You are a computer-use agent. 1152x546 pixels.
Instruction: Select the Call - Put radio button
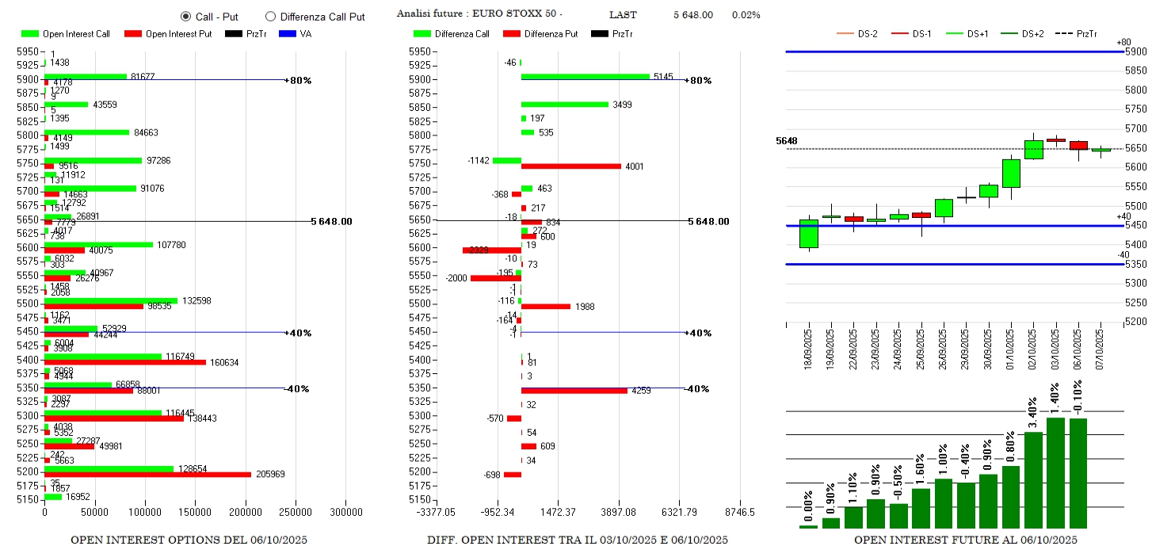pos(186,17)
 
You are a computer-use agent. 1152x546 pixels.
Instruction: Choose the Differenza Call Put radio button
pos(270,17)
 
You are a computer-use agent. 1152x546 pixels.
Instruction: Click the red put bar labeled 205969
pos(147,475)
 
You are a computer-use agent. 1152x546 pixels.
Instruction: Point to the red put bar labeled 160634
pos(125,362)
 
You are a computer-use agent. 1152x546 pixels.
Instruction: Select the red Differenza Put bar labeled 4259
pos(574,391)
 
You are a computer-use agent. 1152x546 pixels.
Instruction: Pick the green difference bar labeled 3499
pos(564,105)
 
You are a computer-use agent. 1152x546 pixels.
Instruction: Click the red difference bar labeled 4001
pos(570,166)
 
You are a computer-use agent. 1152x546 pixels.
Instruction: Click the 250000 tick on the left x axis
pos(296,513)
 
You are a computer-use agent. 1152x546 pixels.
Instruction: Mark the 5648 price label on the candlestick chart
pos(786,141)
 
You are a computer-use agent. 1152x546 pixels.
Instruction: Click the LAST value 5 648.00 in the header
pos(692,15)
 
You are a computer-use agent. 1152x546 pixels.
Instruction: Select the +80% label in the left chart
pos(300,81)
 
